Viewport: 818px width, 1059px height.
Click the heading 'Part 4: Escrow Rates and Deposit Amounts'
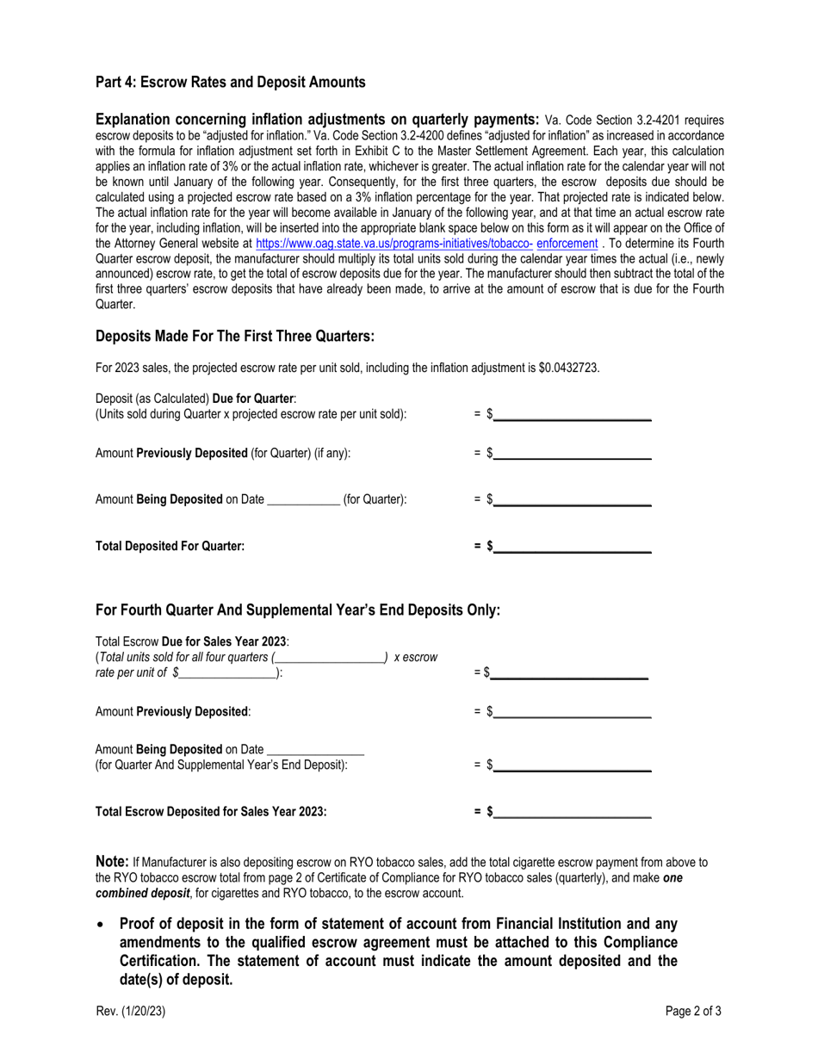click(230, 83)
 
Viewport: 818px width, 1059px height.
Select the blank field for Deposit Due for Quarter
click(572, 414)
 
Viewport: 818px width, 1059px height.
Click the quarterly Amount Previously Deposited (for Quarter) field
click(572, 454)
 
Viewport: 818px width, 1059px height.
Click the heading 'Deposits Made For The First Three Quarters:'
click(235, 336)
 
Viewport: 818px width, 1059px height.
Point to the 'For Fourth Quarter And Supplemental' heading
click(297, 610)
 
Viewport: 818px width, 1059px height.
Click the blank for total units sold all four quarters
click(330, 658)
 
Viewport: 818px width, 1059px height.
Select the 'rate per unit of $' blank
click(228, 673)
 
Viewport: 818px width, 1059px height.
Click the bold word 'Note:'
click(112, 862)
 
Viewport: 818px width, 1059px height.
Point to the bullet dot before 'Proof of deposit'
click(102, 923)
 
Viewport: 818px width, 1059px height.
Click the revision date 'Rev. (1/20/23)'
click(130, 1012)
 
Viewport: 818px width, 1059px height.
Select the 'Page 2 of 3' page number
click(693, 1012)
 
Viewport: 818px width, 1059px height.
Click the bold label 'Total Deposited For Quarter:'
click(170, 546)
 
